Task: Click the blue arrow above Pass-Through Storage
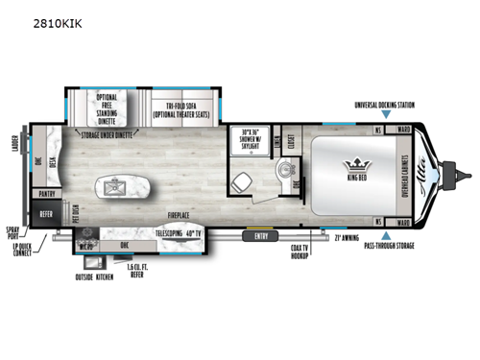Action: (x=383, y=233)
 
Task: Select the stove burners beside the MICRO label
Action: (x=90, y=233)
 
